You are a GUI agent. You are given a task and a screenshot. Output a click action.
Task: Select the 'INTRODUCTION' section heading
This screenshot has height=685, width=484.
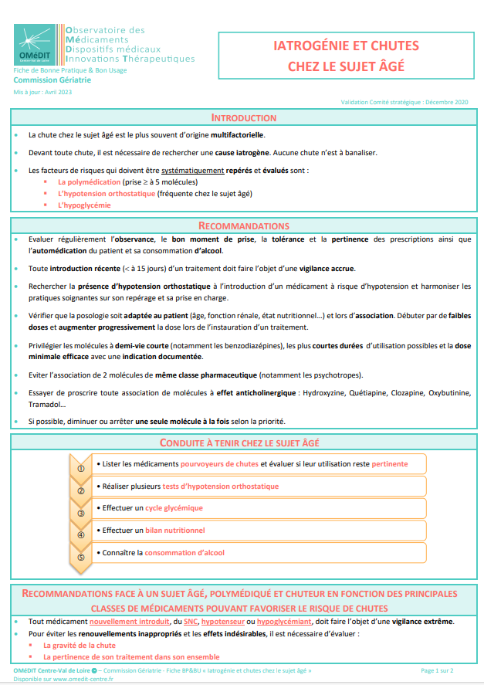[243, 118]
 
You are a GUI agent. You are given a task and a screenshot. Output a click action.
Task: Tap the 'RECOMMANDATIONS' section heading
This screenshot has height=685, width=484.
[244, 226]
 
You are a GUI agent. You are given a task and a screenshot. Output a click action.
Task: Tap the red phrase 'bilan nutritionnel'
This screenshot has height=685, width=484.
[175, 531]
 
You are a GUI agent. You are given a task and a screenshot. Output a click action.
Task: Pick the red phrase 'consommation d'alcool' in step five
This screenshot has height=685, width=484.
[184, 553]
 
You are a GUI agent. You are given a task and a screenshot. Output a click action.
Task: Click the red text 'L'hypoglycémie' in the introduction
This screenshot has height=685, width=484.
[84, 205]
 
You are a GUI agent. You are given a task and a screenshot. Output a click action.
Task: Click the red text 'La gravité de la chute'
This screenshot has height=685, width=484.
[80, 645]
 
